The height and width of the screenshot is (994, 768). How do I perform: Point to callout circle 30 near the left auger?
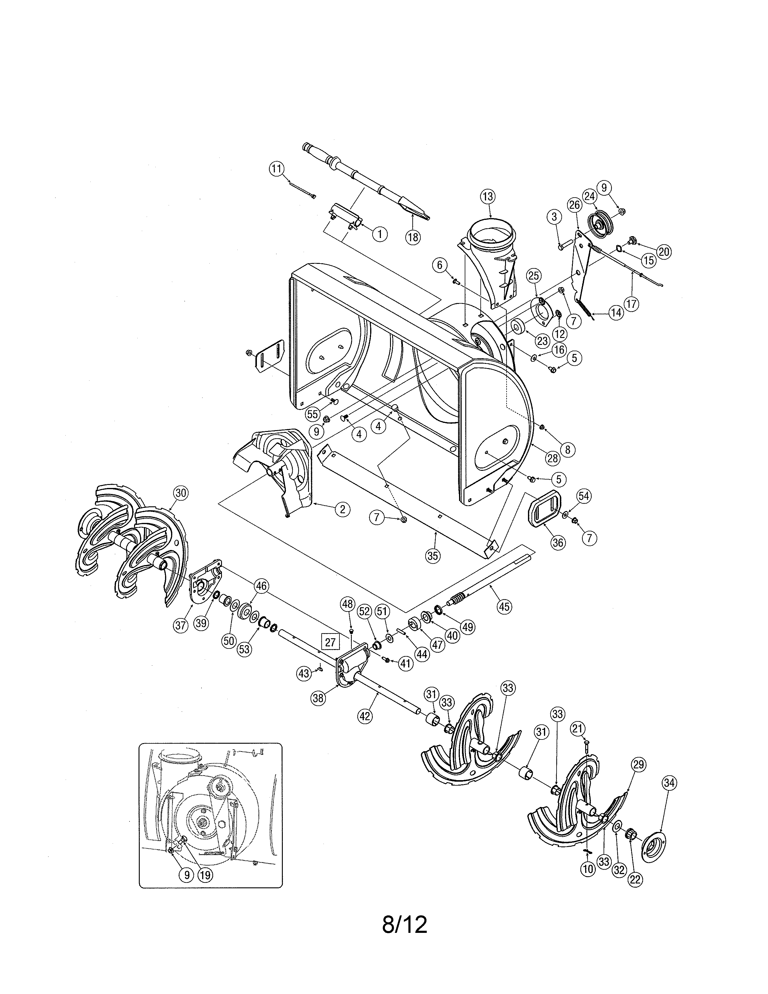[x=181, y=493]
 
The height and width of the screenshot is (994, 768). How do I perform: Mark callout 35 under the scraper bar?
[x=434, y=555]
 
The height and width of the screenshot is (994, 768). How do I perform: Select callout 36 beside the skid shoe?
[x=558, y=542]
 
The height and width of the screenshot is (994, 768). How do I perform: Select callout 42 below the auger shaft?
[x=365, y=716]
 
